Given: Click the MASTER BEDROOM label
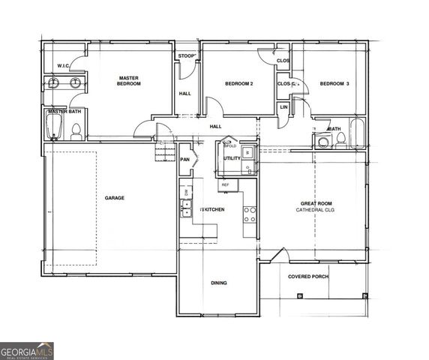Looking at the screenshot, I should pyautogui.click(x=129, y=80).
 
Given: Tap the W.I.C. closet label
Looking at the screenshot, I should pyautogui.click(x=64, y=65).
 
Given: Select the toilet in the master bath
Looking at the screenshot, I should pyautogui.click(x=76, y=132).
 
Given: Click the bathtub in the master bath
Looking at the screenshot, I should pyautogui.click(x=52, y=126).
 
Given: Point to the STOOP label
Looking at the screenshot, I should pyautogui.click(x=187, y=56).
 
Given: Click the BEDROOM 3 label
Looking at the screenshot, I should pyautogui.click(x=334, y=84).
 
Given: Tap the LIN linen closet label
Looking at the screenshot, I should pyautogui.click(x=283, y=107).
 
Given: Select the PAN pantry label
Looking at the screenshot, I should pyautogui.click(x=184, y=159).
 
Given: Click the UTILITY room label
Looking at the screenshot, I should pyautogui.click(x=232, y=158).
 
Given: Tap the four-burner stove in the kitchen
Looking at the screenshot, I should pyautogui.click(x=250, y=214).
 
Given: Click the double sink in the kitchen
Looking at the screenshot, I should pyautogui.click(x=185, y=208).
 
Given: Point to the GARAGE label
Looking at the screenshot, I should pyautogui.click(x=115, y=198).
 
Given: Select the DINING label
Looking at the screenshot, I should pyautogui.click(x=219, y=283).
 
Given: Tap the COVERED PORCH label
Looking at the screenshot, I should pyautogui.click(x=308, y=276).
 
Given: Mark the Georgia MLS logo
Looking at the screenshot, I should pyautogui.click(x=27, y=351).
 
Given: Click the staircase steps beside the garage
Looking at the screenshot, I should pyautogui.click(x=163, y=153).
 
